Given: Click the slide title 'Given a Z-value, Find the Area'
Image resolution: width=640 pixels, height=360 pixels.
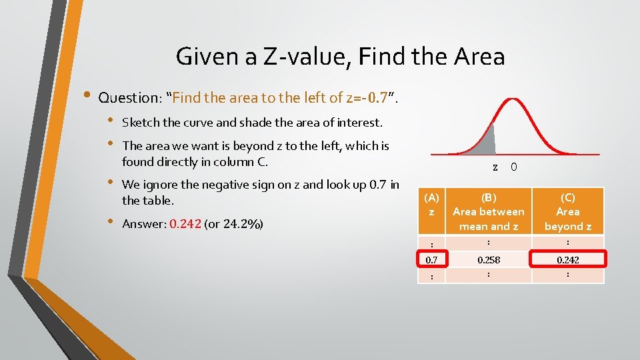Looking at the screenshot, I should click(x=340, y=56).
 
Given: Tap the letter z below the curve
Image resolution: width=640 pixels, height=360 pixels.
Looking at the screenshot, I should click(x=495, y=167).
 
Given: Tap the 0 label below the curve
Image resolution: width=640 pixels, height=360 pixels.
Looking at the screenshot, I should click(x=513, y=167).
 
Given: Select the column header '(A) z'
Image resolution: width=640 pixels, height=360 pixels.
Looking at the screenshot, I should click(x=432, y=204).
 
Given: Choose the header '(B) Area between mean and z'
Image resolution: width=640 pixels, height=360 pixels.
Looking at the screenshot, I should click(x=489, y=211).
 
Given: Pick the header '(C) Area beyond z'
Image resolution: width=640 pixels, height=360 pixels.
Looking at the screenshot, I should click(x=568, y=211).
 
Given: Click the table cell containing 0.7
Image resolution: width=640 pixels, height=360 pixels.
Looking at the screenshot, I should click(x=432, y=259).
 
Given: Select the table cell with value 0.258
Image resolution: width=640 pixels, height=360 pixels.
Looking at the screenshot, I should click(x=489, y=259).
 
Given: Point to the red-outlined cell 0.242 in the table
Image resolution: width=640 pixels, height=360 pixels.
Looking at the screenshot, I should click(x=568, y=259).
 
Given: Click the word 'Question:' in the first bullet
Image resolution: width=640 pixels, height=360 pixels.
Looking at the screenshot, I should click(x=132, y=97).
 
